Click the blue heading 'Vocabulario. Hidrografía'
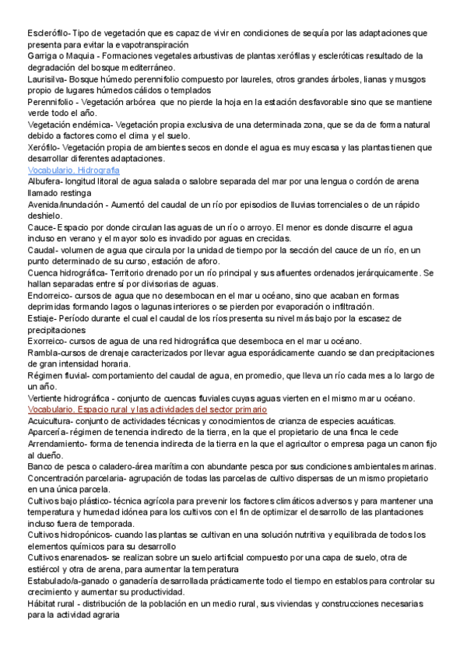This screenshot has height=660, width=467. point(73,170)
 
